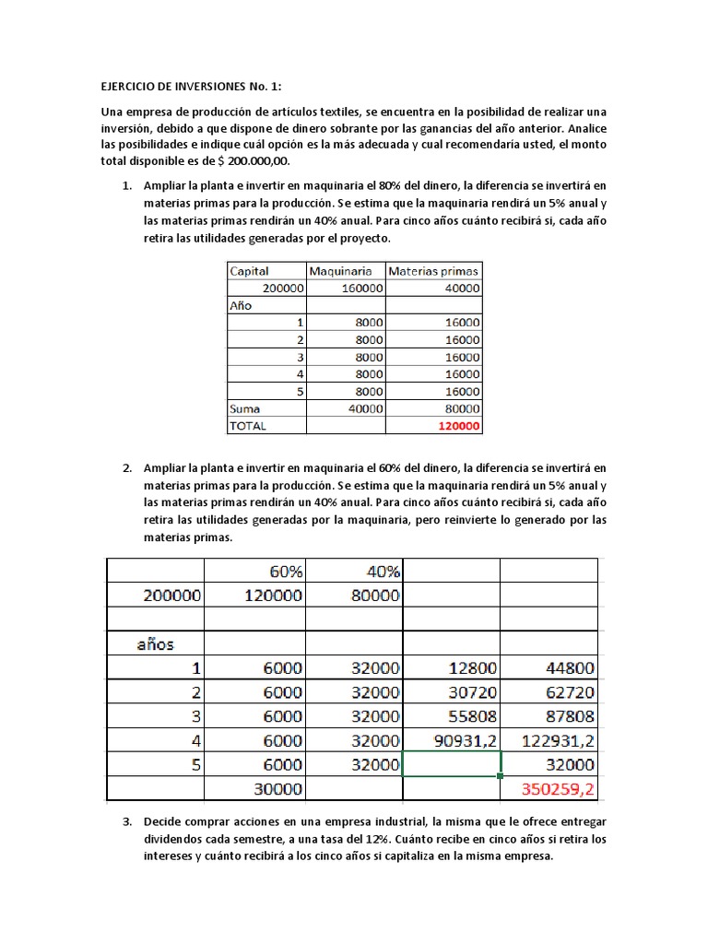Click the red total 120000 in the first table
click(458, 426)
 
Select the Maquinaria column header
click(341, 271)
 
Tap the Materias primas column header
click(433, 271)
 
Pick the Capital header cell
click(249, 271)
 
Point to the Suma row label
click(245, 408)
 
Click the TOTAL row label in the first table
click(249, 426)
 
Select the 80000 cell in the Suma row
click(458, 408)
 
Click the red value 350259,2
click(559, 789)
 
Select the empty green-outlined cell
click(452, 764)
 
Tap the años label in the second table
click(156, 643)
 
